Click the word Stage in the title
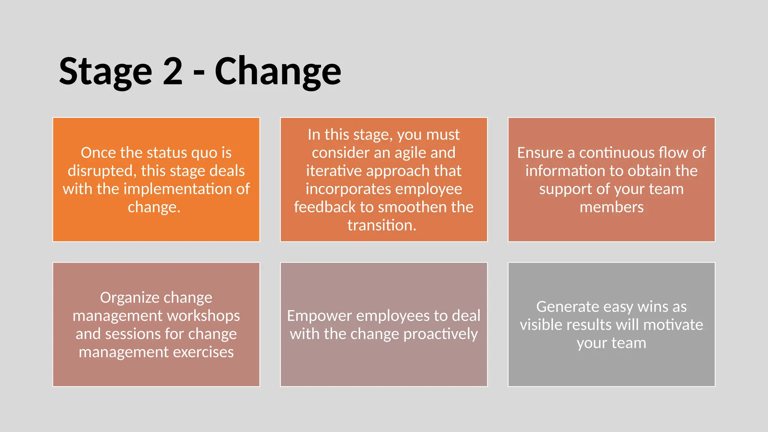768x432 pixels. pos(105,71)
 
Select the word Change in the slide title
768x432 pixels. pos(277,71)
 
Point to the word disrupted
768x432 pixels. pos(102,171)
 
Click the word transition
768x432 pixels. pos(381,225)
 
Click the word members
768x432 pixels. pos(611,207)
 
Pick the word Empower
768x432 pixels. pos(319,316)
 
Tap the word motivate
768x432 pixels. pos(673,325)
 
